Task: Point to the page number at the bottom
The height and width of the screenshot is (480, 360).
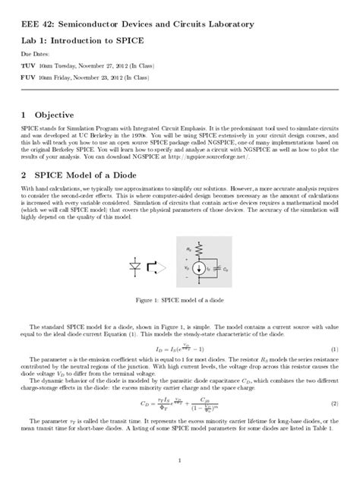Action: (x=179, y=459)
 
